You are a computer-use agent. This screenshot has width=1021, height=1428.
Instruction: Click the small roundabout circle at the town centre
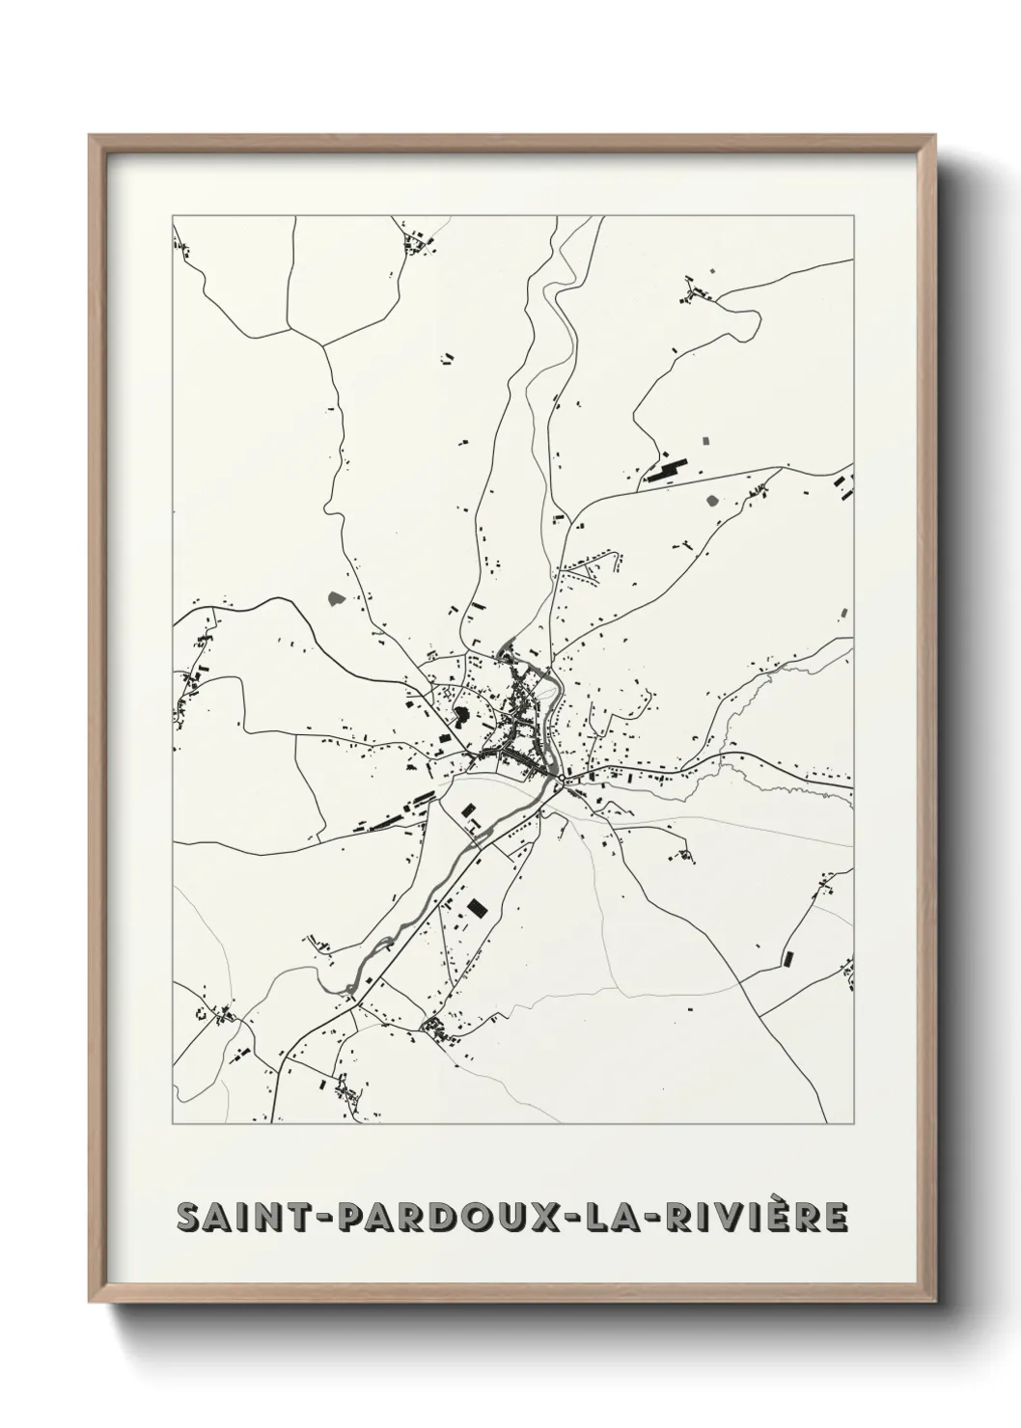(x=561, y=776)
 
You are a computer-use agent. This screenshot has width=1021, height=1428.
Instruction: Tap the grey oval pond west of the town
(x=337, y=599)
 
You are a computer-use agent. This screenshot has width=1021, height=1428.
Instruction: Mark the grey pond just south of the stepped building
(x=713, y=500)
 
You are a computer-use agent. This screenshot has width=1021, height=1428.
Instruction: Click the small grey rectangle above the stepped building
(x=704, y=441)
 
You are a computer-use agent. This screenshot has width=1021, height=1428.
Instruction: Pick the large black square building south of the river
(x=475, y=907)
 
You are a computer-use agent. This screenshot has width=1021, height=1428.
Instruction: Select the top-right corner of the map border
(x=853, y=217)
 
